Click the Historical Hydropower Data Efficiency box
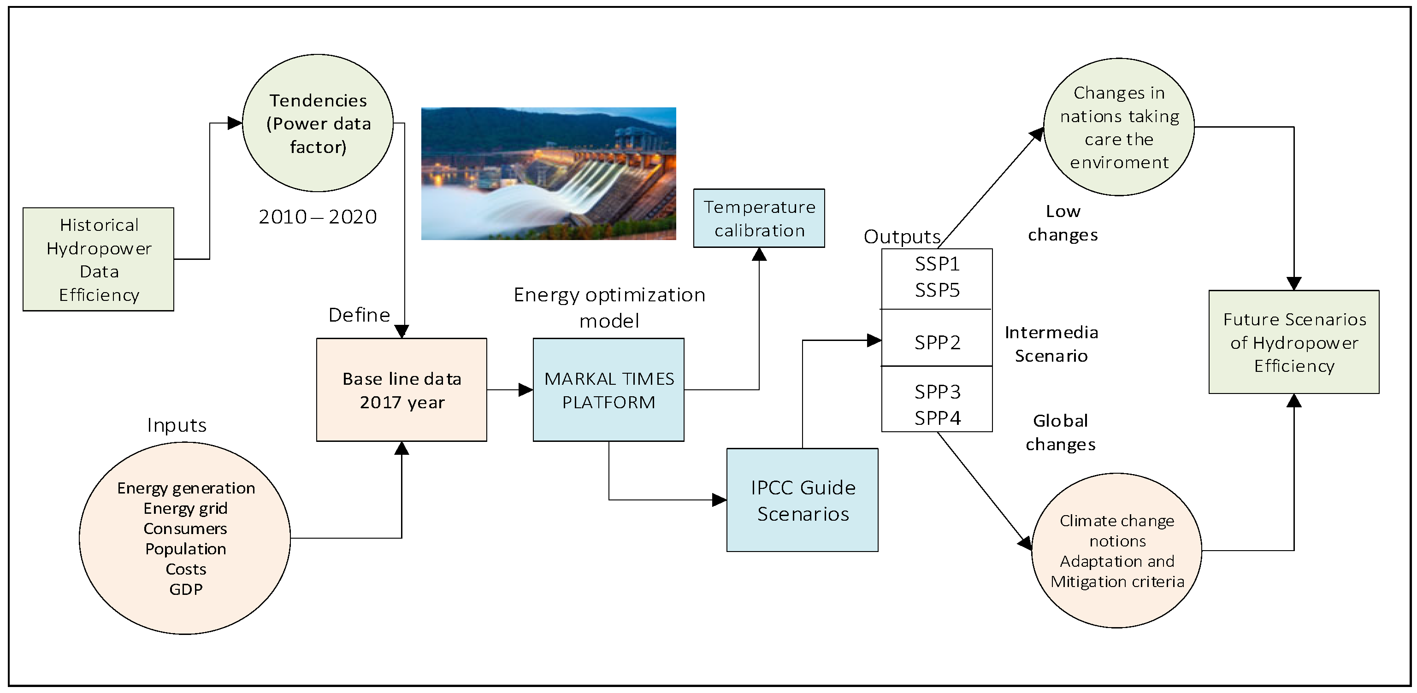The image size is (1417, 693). pyautogui.click(x=99, y=259)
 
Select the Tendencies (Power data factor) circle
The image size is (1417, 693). pyautogui.click(x=318, y=123)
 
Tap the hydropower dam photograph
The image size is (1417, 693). pyautogui.click(x=549, y=173)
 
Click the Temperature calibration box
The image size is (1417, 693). pyautogui.click(x=759, y=218)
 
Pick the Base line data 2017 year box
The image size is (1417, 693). pyautogui.click(x=401, y=390)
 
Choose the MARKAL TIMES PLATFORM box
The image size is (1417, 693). pyautogui.click(x=608, y=390)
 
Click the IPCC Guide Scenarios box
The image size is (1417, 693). pyautogui.click(x=802, y=500)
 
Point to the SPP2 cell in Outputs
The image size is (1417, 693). pyautogui.click(x=937, y=342)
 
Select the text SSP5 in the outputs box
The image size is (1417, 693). pyautogui.click(x=937, y=290)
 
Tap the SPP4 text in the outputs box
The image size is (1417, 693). pyautogui.click(x=937, y=418)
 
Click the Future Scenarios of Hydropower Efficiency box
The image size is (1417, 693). pyautogui.click(x=1294, y=342)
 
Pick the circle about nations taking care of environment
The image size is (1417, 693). pyautogui.click(x=1119, y=127)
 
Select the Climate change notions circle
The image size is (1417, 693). pyautogui.click(x=1116, y=551)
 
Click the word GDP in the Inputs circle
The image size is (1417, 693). pyautogui.click(x=186, y=589)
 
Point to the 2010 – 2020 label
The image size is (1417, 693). pyautogui.click(x=318, y=217)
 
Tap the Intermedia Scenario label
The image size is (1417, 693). pyautogui.click(x=1051, y=344)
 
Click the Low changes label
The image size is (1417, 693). pyautogui.click(x=1063, y=223)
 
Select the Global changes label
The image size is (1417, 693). pyautogui.click(x=1061, y=432)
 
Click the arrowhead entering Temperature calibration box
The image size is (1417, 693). pyautogui.click(x=759, y=254)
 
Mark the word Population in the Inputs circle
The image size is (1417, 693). pyautogui.click(x=186, y=549)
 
